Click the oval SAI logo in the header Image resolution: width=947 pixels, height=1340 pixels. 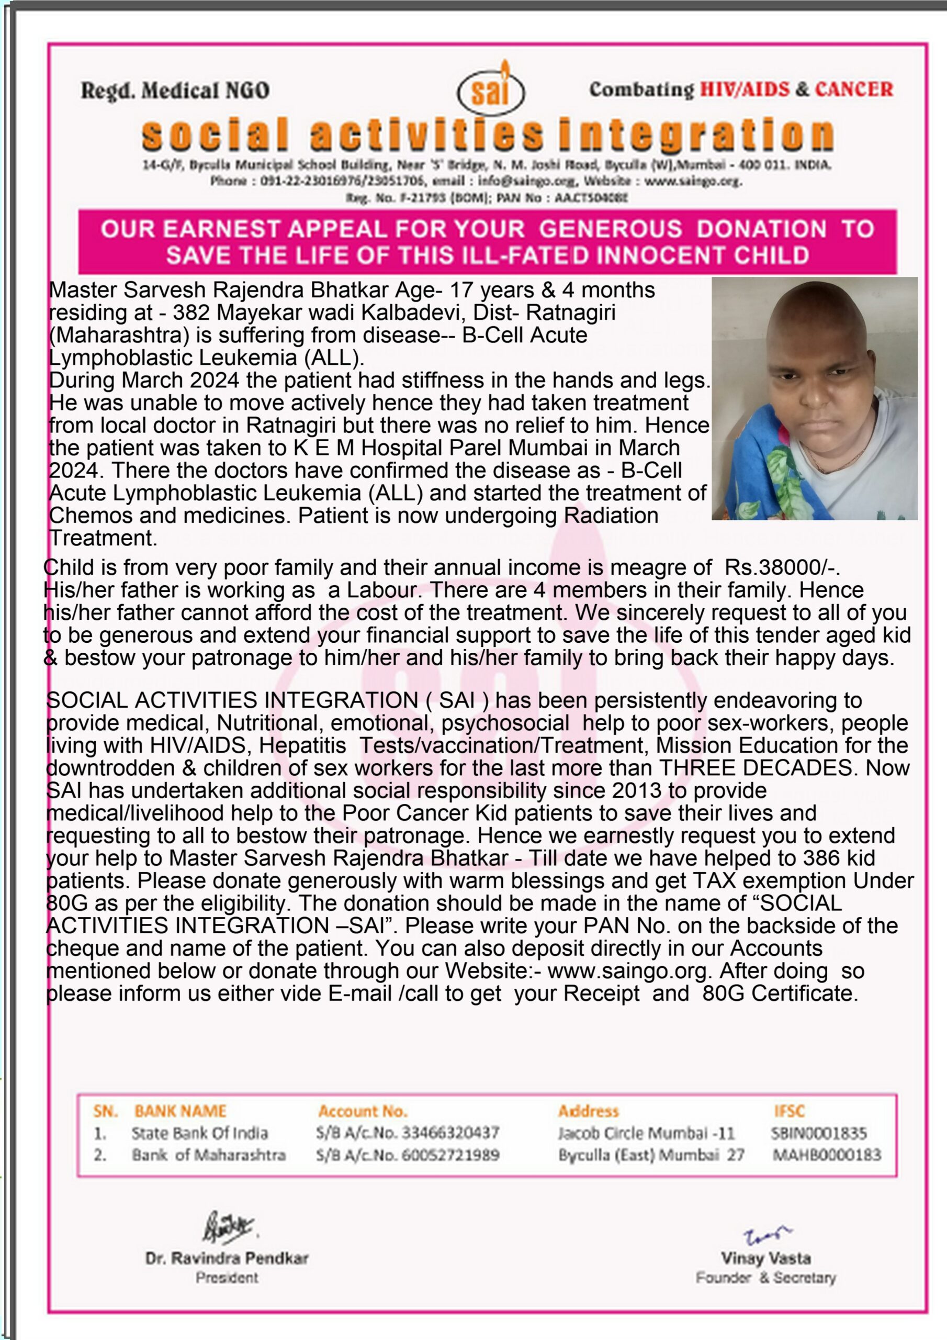[x=491, y=93]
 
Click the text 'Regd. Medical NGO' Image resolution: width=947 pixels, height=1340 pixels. [x=175, y=91]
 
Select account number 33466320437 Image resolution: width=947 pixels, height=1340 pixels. [x=450, y=1133]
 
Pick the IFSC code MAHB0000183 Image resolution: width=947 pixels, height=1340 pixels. [x=827, y=1155]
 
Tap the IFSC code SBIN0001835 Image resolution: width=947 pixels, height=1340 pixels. [x=819, y=1133]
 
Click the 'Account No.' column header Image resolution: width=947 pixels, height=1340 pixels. [x=363, y=1111]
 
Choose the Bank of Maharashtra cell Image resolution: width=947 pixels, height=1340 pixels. [x=208, y=1156]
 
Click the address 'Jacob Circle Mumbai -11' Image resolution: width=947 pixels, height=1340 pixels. [x=646, y=1133]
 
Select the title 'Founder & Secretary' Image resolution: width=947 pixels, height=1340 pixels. [x=765, y=1278]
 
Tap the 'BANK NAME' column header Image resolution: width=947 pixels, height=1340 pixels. [x=181, y=1111]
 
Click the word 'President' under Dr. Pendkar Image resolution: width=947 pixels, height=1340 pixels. [x=227, y=1278]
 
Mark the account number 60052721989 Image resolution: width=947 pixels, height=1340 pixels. [x=450, y=1155]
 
